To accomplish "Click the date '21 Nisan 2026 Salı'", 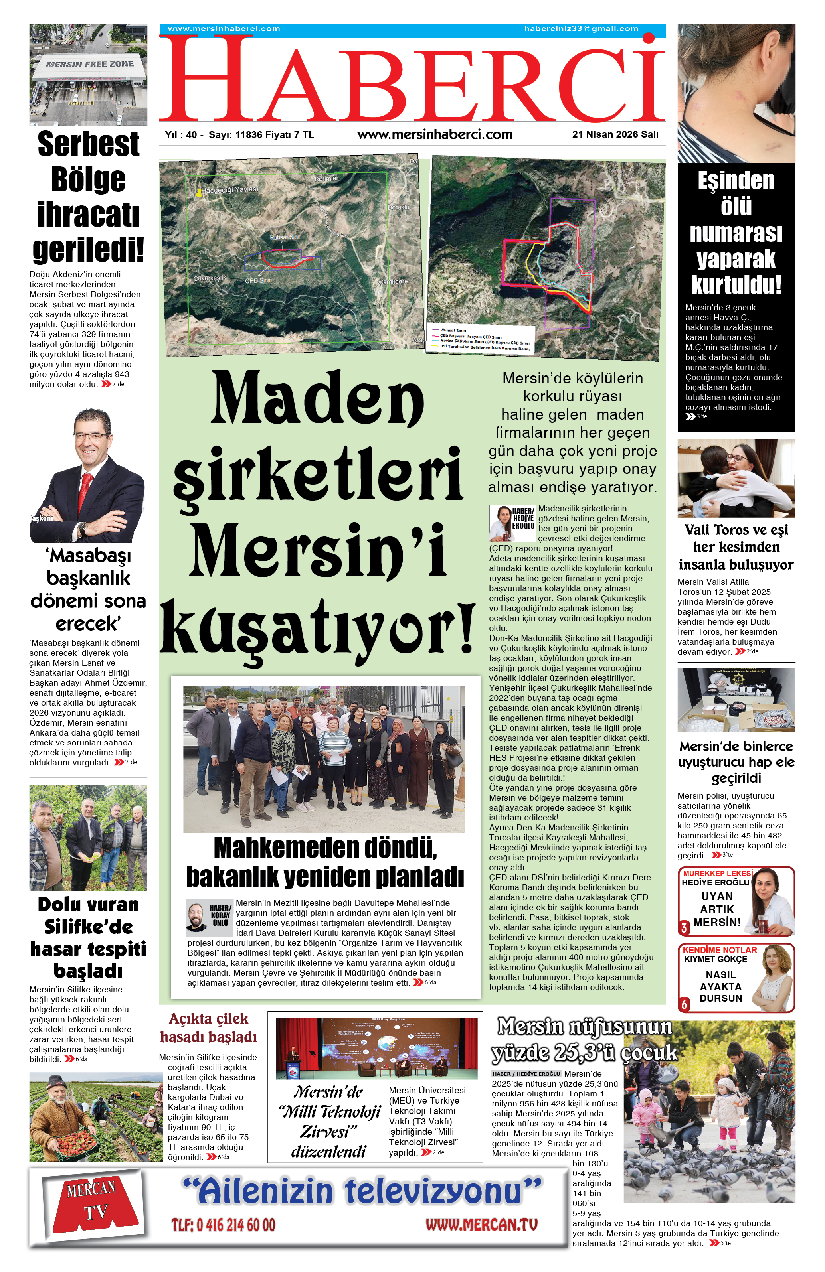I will (x=615, y=135).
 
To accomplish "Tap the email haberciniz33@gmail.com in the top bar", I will (x=581, y=29).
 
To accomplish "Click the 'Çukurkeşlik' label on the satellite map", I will (x=210, y=278).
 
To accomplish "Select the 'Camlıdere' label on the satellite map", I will (x=393, y=281).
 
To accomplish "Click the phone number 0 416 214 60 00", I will (x=223, y=1225).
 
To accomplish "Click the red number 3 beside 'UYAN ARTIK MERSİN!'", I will (x=684, y=927).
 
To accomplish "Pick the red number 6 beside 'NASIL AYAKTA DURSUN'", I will (x=684, y=1004).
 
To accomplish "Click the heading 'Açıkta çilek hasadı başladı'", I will (x=208, y=1028).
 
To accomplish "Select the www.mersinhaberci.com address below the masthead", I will (x=435, y=135).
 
